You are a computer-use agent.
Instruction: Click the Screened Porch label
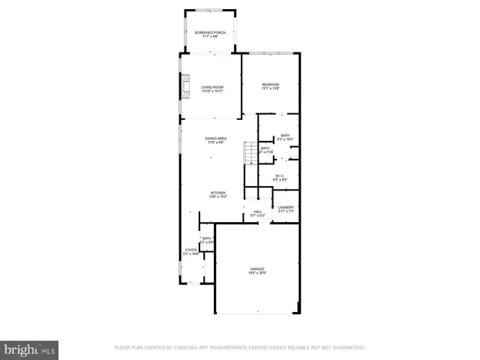(x=210, y=33)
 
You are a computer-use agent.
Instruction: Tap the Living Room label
(x=212, y=88)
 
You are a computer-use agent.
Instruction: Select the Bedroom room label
(x=270, y=84)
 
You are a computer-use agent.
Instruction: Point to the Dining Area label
(x=216, y=139)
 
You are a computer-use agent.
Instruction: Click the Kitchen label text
(x=217, y=193)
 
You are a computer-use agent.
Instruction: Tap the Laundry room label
(x=286, y=208)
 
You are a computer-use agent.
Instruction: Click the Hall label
(x=256, y=212)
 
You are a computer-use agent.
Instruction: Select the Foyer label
(x=190, y=250)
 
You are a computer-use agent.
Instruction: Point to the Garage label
(x=257, y=268)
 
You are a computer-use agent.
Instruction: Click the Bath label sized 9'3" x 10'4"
(x=285, y=136)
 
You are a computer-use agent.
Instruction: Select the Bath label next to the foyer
(x=206, y=238)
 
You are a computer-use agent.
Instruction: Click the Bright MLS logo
(x=30, y=349)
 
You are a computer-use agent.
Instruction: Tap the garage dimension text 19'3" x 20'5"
(x=257, y=273)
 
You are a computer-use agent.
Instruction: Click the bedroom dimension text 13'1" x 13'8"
(x=270, y=88)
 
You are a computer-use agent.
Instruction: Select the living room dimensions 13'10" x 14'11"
(x=212, y=92)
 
